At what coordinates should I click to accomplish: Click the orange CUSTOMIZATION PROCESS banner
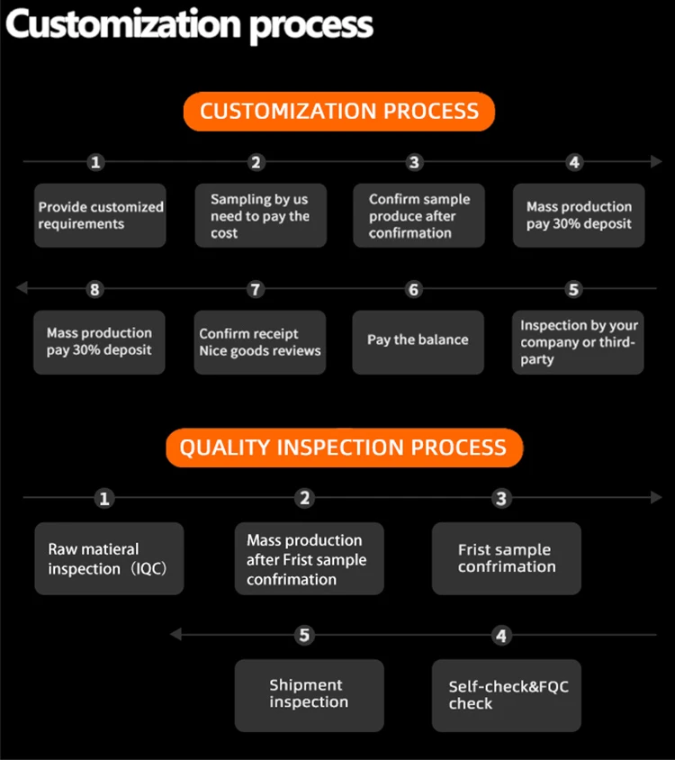[x=339, y=112]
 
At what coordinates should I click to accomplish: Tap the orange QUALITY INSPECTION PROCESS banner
[x=344, y=448]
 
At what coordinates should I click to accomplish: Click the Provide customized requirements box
[x=100, y=215]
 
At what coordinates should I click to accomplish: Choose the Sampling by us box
[x=260, y=215]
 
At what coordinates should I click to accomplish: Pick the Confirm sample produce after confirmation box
[x=418, y=215]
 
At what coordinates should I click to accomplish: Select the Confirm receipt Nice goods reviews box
[x=260, y=342]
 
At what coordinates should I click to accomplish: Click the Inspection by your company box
[x=579, y=342]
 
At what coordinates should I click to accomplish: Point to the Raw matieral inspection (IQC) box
[x=109, y=558]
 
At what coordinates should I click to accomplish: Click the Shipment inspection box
[x=309, y=695]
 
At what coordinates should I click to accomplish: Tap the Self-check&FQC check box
[x=507, y=695]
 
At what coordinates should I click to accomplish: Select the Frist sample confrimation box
[x=507, y=558]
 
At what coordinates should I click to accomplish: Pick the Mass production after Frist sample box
[x=309, y=558]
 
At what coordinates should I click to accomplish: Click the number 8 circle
[x=95, y=290]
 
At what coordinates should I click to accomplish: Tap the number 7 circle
[x=256, y=290]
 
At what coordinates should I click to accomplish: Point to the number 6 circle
[x=414, y=290]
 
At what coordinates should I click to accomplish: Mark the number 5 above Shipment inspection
[x=304, y=636]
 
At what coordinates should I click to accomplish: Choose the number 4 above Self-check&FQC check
[x=501, y=636]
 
